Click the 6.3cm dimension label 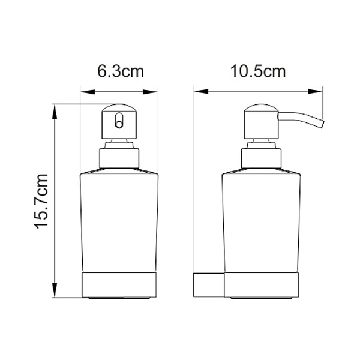[x=121, y=73]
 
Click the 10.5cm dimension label [x=257, y=72]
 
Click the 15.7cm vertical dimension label [x=41, y=202]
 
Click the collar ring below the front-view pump [x=119, y=158]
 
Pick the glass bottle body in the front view [x=119, y=222]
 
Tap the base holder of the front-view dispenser [x=119, y=285]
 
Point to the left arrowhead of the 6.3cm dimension [x=85, y=92]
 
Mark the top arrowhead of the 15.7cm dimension [x=55, y=109]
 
